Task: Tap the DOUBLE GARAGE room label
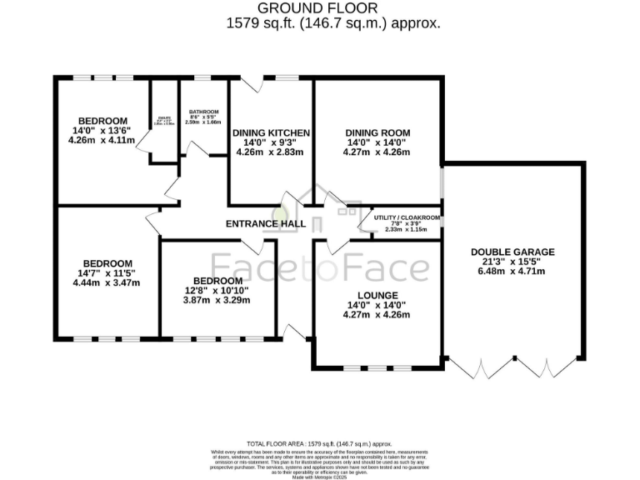512,252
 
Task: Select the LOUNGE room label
377,295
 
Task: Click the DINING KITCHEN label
271,132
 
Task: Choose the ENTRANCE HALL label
266,224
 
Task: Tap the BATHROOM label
203,112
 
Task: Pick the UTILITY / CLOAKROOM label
407,217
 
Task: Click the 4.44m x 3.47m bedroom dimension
107,282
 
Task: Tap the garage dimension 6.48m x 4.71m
512,273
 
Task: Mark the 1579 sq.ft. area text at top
333,23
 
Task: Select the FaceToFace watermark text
321,268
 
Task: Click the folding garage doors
512,367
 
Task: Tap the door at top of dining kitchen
252,84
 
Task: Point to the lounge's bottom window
377,367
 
